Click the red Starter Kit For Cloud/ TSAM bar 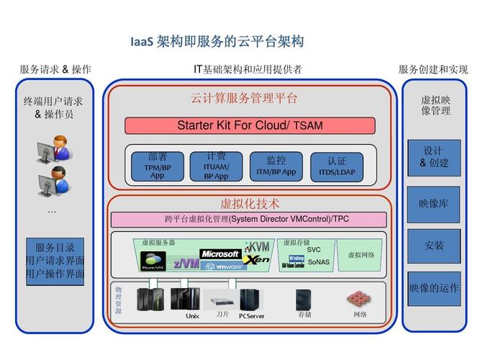[250, 125]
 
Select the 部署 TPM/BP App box [157, 166]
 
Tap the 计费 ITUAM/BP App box [216, 166]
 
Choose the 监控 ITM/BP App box [276, 166]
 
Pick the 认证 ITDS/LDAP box [337, 166]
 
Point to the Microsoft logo [219, 253]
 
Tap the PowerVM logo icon [153, 261]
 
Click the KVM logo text [258, 246]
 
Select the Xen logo [256, 260]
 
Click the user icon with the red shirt [53, 150]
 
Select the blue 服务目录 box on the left [55, 260]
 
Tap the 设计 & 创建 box [433, 157]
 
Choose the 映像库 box [433, 204]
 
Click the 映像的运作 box [433, 288]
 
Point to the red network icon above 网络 [359, 298]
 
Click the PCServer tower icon [250, 299]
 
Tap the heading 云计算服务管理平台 [243, 99]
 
